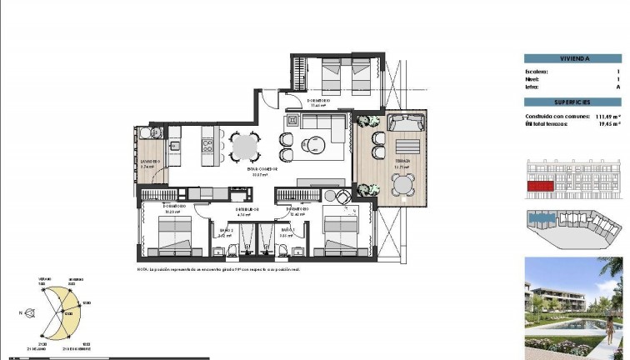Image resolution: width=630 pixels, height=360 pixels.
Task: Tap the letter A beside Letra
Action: (618, 87)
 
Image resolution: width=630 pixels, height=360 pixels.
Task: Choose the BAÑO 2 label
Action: (226, 230)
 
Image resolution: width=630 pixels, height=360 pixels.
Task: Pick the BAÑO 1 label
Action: (288, 230)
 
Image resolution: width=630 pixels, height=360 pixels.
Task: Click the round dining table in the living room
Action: (245, 147)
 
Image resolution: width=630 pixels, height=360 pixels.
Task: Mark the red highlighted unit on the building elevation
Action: (540, 187)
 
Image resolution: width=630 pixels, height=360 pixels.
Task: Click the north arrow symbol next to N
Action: (29, 313)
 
